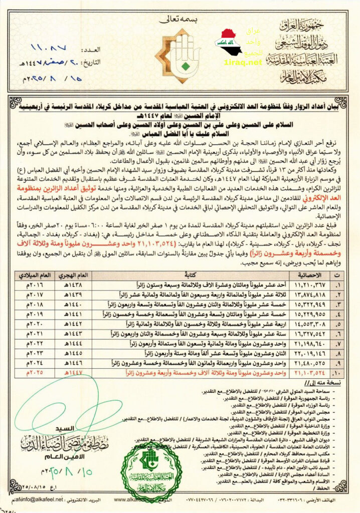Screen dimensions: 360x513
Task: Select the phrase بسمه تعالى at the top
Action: click(x=171, y=21)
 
